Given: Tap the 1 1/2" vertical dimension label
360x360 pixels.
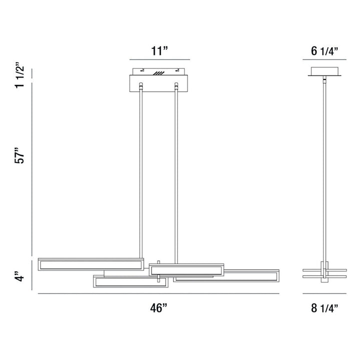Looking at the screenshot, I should point(20,75).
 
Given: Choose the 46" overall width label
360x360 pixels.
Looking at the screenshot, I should point(158,308).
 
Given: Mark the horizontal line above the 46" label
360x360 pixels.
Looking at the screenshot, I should point(158,293).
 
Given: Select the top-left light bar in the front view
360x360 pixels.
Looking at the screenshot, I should point(90,264).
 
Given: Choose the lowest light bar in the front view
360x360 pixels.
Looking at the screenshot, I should point(129,281).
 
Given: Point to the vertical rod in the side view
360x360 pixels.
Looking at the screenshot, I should point(324,170).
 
